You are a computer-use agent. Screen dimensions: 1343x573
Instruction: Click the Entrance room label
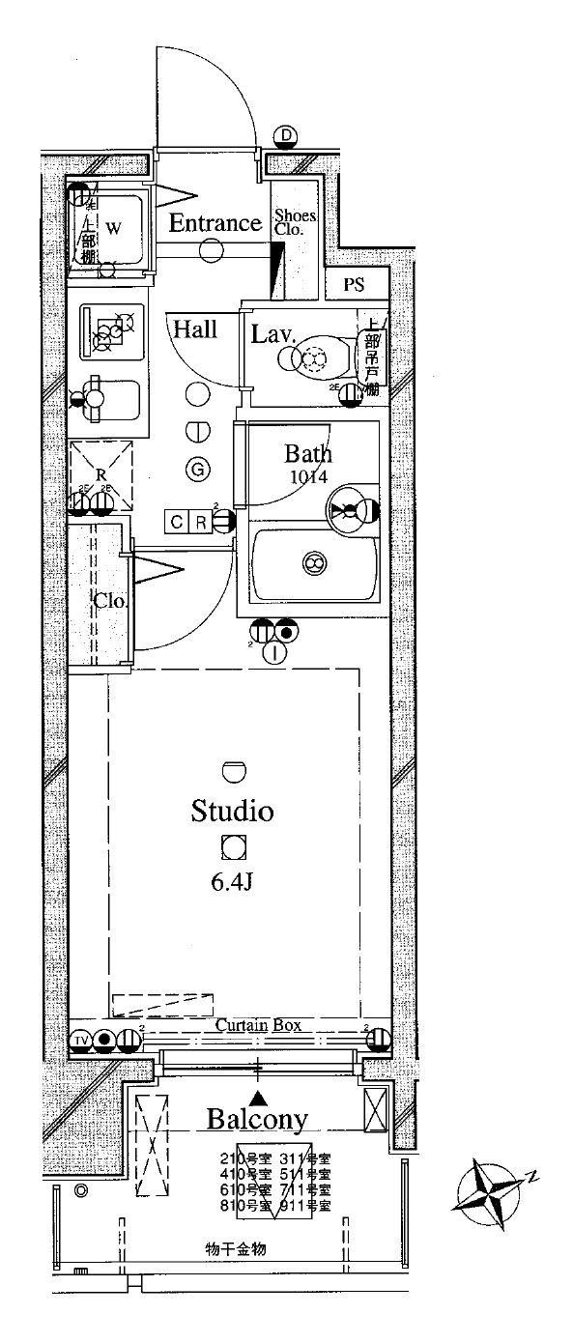pyautogui.click(x=215, y=223)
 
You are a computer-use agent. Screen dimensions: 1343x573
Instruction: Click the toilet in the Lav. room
pyautogui.click(x=314, y=359)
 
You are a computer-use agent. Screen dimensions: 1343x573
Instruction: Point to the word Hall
pyautogui.click(x=195, y=329)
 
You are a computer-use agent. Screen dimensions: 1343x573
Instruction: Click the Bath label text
pyautogui.click(x=307, y=453)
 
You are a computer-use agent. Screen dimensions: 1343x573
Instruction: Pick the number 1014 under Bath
pyautogui.click(x=307, y=476)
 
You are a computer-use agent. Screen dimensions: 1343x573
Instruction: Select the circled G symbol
pyautogui.click(x=198, y=471)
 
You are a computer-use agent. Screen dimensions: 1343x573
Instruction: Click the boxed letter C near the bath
pyautogui.click(x=177, y=523)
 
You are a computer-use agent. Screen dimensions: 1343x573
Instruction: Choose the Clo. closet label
pyautogui.click(x=110, y=599)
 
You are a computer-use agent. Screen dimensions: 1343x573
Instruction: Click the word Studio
pyautogui.click(x=232, y=810)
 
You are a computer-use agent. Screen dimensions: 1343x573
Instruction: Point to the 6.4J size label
pyautogui.click(x=233, y=882)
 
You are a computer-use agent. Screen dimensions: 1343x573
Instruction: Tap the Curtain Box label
pyautogui.click(x=257, y=1024)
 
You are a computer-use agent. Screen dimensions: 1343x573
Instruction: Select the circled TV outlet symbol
pyautogui.click(x=81, y=1041)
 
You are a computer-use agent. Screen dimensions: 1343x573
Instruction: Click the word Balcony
pyautogui.click(x=257, y=1120)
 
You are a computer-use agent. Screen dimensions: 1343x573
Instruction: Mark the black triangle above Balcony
pyautogui.click(x=258, y=1098)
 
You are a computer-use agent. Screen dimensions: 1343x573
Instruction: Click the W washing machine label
pyautogui.click(x=114, y=229)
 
